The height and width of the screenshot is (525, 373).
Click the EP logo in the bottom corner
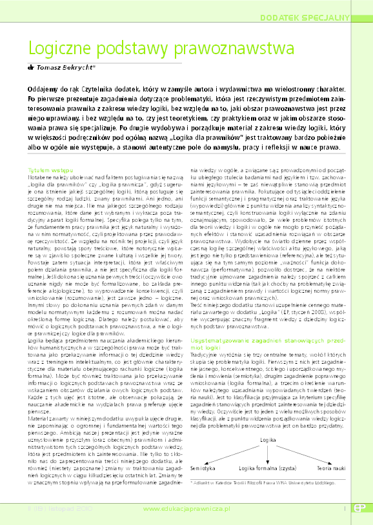(359, 509)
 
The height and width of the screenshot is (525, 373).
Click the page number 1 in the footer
(344, 509)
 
